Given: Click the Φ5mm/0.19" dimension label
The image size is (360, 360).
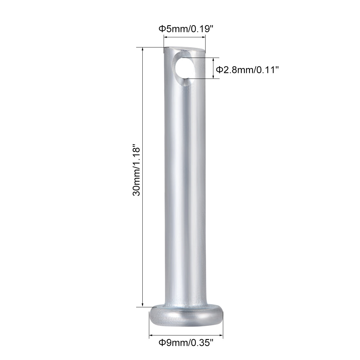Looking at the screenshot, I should [186, 29].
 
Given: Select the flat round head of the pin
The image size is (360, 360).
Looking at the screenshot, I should [186, 316].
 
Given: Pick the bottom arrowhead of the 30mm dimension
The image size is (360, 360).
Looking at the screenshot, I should [142, 305].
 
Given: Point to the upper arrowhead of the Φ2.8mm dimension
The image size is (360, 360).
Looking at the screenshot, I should [213, 60].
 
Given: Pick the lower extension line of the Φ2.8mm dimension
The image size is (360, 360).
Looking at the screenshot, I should [203, 79].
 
